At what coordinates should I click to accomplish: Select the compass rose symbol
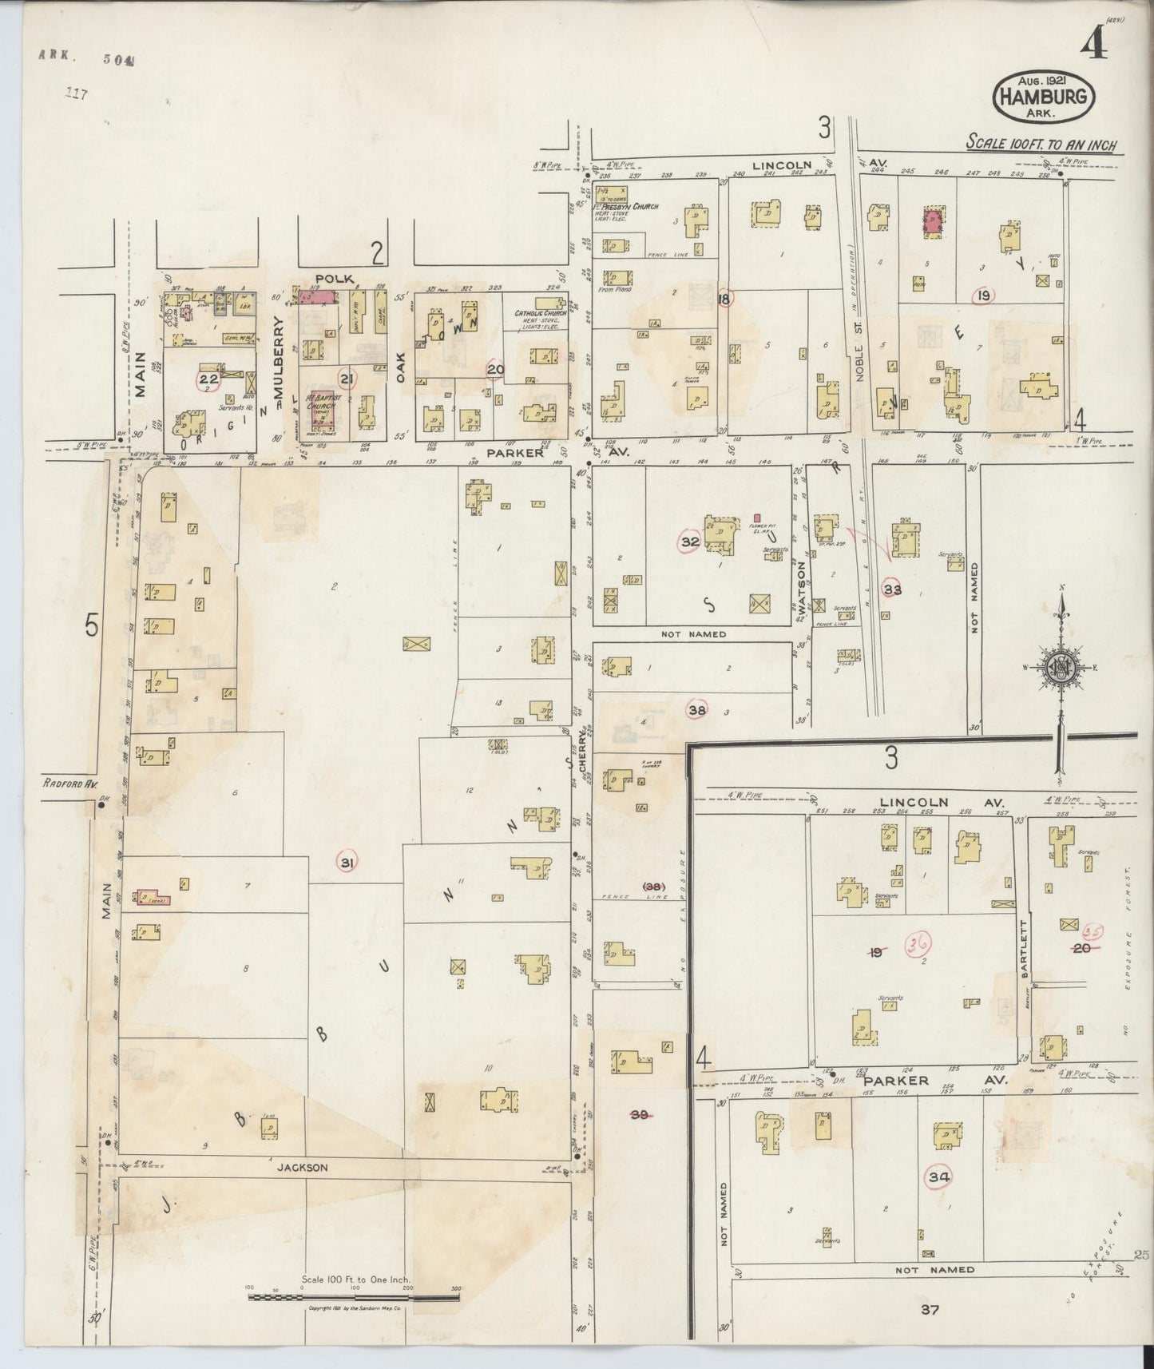pyautogui.click(x=1061, y=669)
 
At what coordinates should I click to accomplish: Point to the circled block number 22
pyautogui.click(x=209, y=380)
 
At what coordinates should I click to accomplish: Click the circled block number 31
pyautogui.click(x=347, y=863)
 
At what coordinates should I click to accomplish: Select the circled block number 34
pyautogui.click(x=938, y=1176)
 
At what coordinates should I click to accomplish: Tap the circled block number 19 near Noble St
pyautogui.click(x=983, y=296)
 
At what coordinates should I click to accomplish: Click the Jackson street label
pyautogui.click(x=302, y=1167)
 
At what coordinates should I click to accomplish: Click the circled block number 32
pyautogui.click(x=689, y=542)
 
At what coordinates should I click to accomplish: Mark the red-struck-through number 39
pyautogui.click(x=639, y=1114)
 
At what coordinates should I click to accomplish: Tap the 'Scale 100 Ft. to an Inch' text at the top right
pyautogui.click(x=1041, y=145)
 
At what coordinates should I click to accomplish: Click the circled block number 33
pyautogui.click(x=893, y=589)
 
